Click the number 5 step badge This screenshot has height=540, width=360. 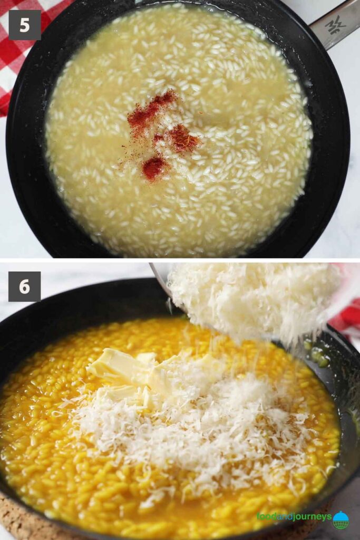click(24, 25)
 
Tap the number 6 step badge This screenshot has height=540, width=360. click(24, 286)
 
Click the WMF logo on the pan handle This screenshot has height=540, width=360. click(335, 24)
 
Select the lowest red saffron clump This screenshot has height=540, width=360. click(153, 168)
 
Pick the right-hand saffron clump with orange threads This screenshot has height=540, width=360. click(182, 139)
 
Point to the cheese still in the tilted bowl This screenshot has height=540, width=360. click(253, 295)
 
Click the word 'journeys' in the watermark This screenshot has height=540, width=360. click(311, 517)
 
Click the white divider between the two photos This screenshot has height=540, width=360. click(180, 260)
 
